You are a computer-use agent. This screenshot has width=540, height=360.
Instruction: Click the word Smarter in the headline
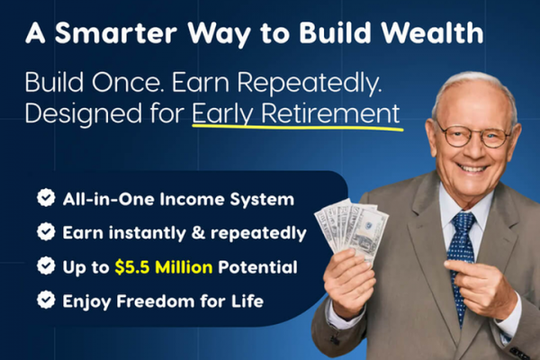116,33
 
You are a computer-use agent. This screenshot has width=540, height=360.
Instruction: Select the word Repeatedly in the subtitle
310,84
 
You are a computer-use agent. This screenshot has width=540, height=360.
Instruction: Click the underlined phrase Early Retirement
296,113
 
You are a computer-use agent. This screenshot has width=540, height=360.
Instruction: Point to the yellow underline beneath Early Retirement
298,128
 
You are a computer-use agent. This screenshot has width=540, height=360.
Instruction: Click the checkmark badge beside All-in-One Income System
46,198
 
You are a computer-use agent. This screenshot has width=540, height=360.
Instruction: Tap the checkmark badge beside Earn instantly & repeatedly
46,231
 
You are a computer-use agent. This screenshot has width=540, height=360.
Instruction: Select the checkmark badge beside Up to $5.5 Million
46,265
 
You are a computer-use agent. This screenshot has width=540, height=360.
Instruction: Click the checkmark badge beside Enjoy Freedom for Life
46,300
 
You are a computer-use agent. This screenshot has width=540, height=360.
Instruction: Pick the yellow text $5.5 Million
164,267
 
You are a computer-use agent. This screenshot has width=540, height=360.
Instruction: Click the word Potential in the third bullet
257,267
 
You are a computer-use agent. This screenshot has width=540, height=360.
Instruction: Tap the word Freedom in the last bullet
156,301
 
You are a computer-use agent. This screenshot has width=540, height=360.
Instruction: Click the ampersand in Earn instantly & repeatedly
198,233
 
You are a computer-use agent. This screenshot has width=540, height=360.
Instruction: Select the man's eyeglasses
473,135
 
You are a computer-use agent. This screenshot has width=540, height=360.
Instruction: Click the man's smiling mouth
472,168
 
